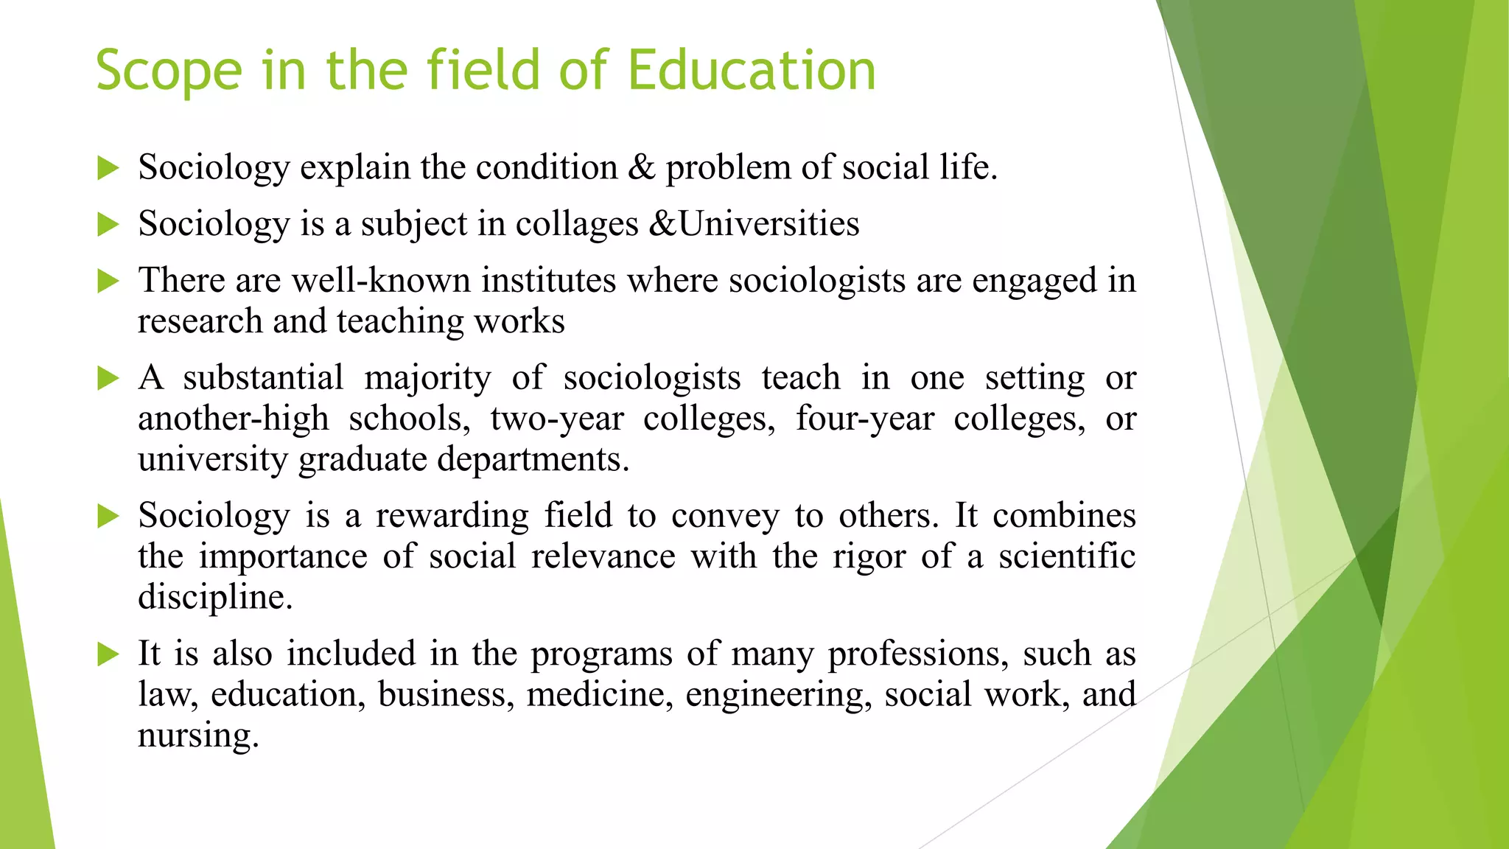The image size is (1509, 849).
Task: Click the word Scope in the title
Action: tap(169, 71)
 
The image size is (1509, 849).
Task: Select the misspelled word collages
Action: tap(577, 224)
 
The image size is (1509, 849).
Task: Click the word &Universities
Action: tap(754, 223)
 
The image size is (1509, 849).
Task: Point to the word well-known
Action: tap(381, 281)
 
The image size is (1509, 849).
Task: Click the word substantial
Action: tap(263, 378)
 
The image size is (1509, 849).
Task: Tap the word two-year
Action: tap(557, 419)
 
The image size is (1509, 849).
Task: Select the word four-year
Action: tap(865, 419)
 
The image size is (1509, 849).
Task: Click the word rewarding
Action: tap(452, 515)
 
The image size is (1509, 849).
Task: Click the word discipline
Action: tap(215, 597)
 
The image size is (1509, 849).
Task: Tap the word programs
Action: tap(602, 654)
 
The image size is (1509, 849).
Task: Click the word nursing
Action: tap(198, 736)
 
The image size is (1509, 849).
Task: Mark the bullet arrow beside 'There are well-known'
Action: tap(108, 281)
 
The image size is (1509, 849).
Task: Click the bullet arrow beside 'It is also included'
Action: tap(108, 654)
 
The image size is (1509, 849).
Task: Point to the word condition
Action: tap(547, 167)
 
